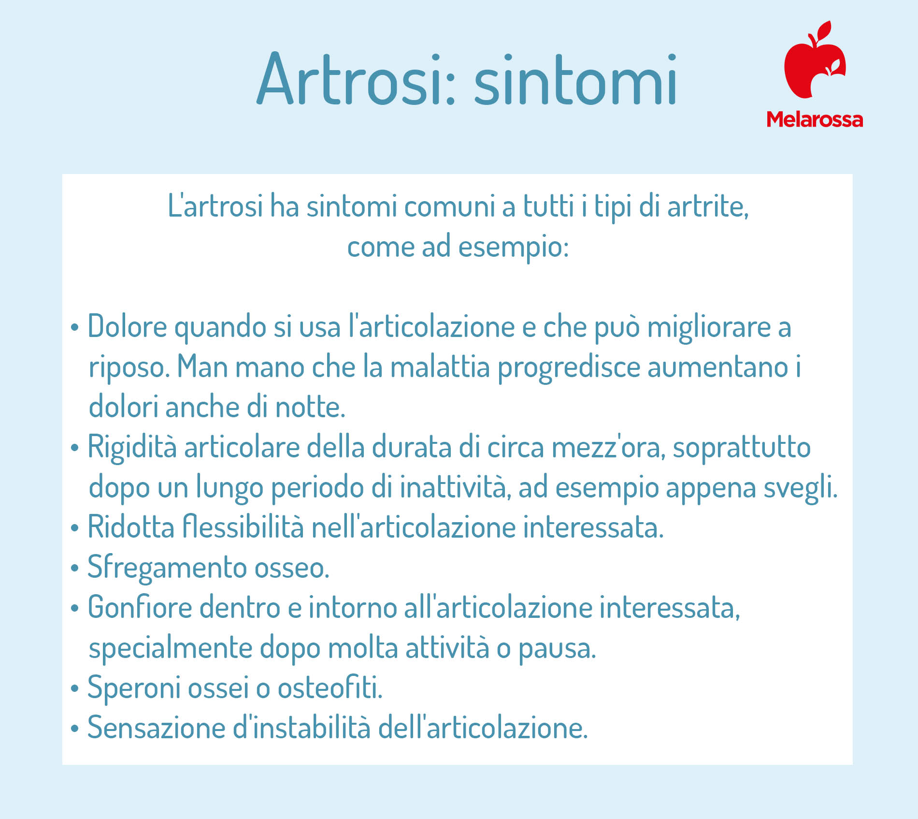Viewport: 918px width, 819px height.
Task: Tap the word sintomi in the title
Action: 575,79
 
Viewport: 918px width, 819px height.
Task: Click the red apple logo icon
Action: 815,59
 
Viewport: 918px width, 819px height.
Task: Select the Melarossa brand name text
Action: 815,119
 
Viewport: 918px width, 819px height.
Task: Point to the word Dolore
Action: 128,326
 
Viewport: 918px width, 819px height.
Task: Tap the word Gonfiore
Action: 140,607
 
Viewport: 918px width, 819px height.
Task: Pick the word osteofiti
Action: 330,687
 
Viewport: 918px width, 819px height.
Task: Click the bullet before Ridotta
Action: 74,528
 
